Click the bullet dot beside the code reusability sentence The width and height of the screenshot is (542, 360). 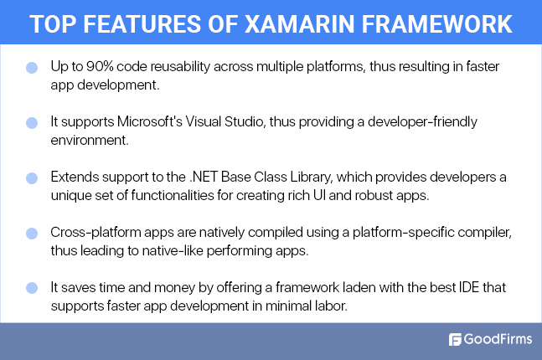pyautogui.click(x=32, y=66)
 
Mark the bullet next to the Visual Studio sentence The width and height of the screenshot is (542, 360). pyautogui.click(x=32, y=123)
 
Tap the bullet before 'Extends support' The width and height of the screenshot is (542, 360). pyautogui.click(x=32, y=179)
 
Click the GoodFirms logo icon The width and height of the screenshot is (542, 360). pyautogui.click(x=456, y=340)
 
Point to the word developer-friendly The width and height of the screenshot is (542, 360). pyautogui.click(x=424, y=121)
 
